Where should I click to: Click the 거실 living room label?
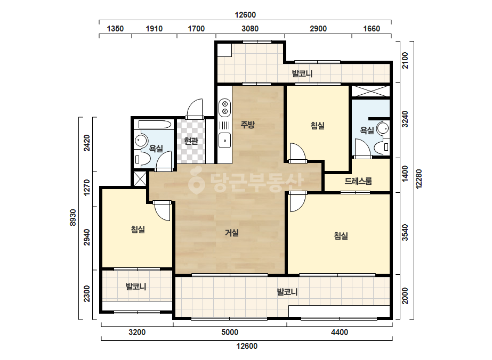click(232, 233)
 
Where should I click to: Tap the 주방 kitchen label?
click(247, 125)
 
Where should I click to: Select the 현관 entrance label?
click(191, 141)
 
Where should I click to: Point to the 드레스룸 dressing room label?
click(358, 181)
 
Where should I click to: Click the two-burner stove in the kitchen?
click(224, 107)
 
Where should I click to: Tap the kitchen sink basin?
click(224, 140)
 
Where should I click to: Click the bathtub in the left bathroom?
click(155, 124)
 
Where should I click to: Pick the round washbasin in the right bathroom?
click(383, 128)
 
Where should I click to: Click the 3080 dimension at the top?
click(250, 29)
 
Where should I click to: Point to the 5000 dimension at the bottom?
click(230, 332)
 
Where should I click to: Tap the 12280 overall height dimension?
click(419, 179)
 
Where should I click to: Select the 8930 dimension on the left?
click(73, 218)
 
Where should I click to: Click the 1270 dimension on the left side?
click(87, 187)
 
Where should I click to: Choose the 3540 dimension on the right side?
click(406, 232)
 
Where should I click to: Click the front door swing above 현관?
click(195, 109)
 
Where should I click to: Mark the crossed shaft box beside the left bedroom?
click(140, 179)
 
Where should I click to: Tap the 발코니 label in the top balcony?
click(302, 74)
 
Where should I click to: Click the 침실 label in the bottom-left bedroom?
click(138, 230)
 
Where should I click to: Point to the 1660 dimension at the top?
click(372, 29)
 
